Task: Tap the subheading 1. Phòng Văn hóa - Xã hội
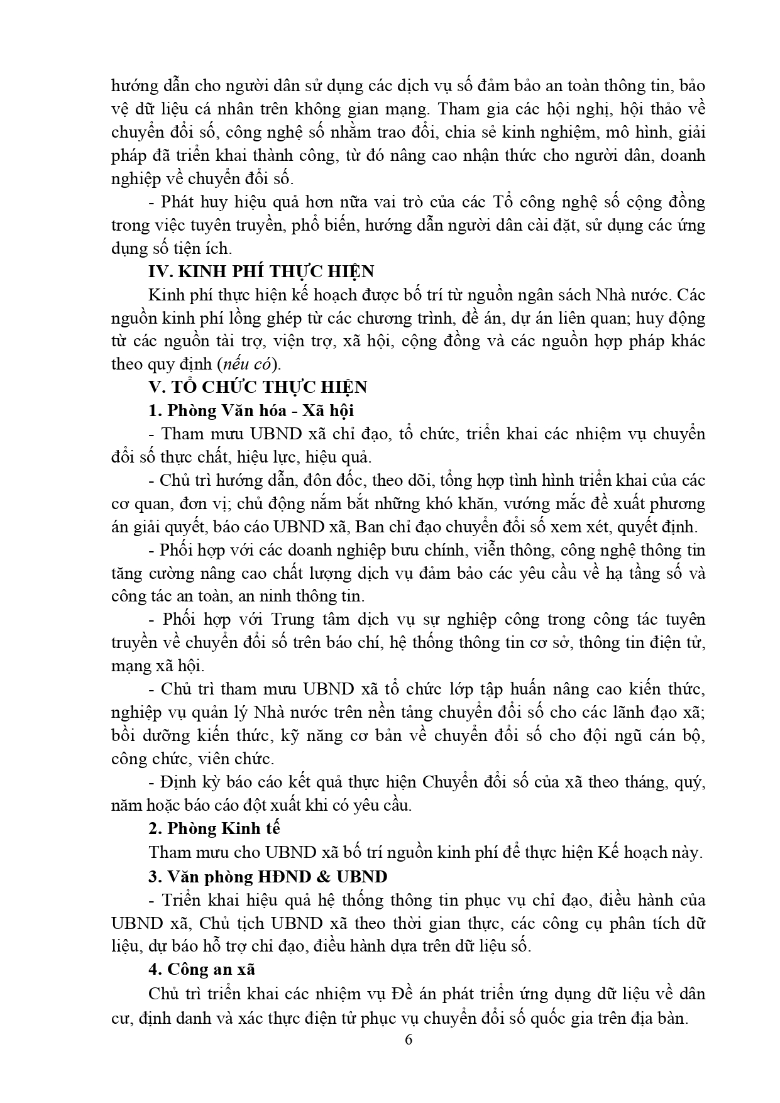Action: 251,410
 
